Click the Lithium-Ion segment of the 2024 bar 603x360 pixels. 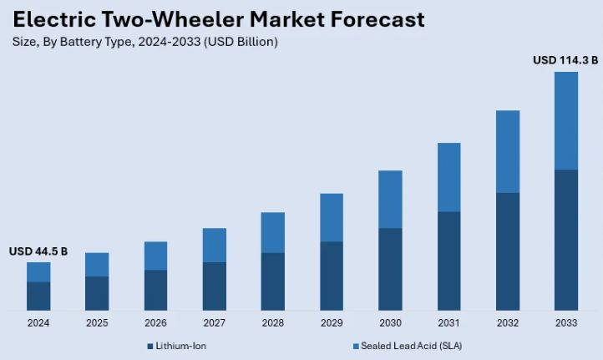coord(38,296)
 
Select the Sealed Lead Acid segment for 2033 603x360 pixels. coord(566,120)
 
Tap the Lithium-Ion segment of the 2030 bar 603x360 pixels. coord(390,269)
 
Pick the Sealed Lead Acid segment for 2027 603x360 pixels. coord(215,245)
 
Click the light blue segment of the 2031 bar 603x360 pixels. coord(448,177)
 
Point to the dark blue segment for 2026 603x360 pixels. coord(155,290)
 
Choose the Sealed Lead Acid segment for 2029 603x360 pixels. coord(332,217)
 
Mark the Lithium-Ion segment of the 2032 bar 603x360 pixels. coord(508,251)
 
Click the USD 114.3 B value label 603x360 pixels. coord(565,60)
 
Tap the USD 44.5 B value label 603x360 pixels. coord(38,251)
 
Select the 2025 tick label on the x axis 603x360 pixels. coord(97,322)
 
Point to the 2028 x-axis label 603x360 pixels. coord(272,322)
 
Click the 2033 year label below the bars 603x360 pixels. coord(566,322)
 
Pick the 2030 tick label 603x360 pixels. coord(390,322)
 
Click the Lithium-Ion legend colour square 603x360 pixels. coord(150,346)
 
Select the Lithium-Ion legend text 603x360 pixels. coord(180,346)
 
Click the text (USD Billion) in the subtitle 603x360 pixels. coord(241,41)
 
